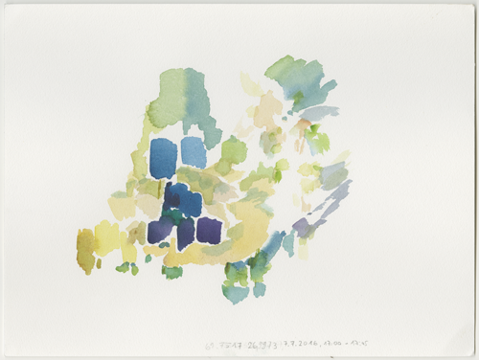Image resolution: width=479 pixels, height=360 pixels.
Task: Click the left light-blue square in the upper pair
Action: [164, 158]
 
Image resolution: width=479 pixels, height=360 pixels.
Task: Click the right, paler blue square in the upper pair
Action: [194, 151]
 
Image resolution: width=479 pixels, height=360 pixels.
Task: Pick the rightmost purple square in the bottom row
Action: [209, 230]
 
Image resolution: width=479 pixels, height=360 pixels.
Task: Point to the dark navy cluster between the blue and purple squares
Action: [181, 201]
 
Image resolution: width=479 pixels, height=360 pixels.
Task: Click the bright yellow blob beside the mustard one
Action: [107, 237]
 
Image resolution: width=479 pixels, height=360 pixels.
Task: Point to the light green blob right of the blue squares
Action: [233, 150]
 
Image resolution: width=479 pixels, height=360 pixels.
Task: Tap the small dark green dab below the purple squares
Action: [172, 272]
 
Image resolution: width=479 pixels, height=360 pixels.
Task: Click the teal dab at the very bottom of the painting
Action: [236, 292]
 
